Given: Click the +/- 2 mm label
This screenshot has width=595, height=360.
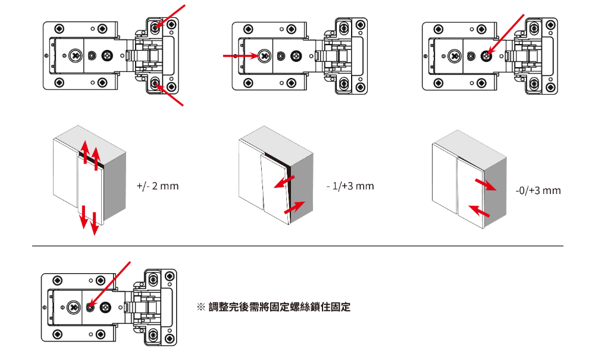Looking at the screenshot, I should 158,186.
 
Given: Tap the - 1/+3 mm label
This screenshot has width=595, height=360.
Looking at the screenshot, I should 350,186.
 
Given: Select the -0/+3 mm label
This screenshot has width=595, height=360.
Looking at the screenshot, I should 538,191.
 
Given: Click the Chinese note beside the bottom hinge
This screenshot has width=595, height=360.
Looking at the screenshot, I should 279,308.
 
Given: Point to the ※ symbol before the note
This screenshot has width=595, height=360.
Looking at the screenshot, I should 201,308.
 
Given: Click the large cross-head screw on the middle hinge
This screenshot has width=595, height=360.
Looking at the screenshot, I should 264,56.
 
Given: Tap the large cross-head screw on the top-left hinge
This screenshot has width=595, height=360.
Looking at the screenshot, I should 75,56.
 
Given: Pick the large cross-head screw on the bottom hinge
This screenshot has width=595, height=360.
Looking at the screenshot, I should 74,307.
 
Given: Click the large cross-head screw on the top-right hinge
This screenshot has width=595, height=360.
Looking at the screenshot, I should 455,56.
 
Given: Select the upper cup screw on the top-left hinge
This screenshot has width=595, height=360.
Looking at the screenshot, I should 155,27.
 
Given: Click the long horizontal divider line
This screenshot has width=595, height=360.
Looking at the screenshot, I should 297,246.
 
